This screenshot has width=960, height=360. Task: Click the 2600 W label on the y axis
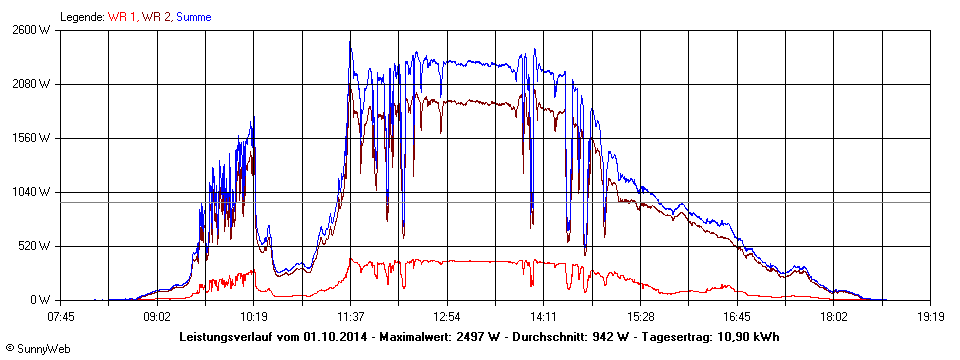(x=32, y=30)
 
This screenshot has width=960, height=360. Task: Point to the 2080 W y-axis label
(x=32, y=84)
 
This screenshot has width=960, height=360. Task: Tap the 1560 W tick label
(x=32, y=138)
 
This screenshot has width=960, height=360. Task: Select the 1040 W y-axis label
(x=32, y=192)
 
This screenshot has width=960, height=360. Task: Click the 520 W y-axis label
(x=35, y=246)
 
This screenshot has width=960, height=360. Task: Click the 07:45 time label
(x=61, y=317)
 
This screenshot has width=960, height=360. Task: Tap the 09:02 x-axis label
(x=157, y=317)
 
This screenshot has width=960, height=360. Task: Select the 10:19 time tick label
(x=254, y=317)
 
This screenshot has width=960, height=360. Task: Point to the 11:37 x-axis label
(x=351, y=317)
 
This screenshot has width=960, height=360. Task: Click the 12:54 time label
(x=447, y=317)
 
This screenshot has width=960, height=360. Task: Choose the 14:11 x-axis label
(x=544, y=317)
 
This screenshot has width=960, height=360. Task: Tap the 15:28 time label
(x=641, y=317)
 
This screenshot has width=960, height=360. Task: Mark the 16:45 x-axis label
(x=737, y=317)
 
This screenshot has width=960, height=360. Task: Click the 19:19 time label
(x=931, y=317)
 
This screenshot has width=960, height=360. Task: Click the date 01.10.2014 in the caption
(x=329, y=336)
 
